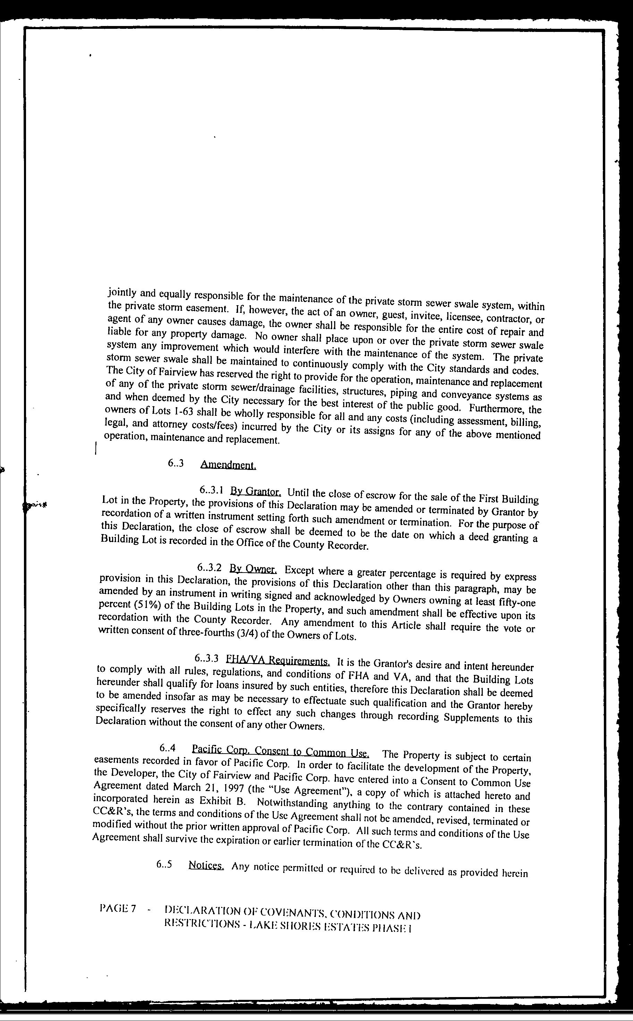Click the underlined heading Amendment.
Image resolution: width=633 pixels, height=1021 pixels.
point(228,465)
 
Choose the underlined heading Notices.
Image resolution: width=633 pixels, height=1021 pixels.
point(206,865)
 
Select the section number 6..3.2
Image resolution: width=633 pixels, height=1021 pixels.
point(209,568)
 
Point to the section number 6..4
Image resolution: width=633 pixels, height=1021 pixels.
point(168,747)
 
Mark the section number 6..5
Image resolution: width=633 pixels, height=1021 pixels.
point(164,865)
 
